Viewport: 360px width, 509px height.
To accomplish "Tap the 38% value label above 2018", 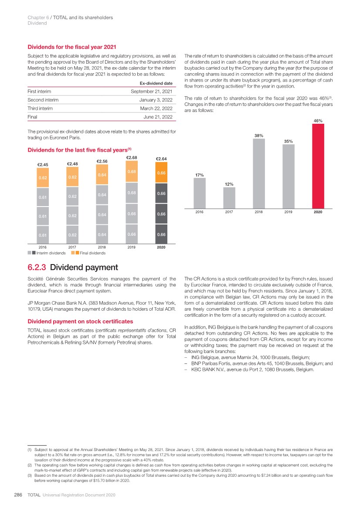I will [259, 136].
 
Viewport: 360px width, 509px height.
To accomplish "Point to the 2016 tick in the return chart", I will [200, 212].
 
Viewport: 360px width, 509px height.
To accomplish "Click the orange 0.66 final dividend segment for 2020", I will [161, 173].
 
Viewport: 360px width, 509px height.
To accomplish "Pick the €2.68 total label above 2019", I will [132, 157].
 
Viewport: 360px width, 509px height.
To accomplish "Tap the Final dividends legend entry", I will [92, 253].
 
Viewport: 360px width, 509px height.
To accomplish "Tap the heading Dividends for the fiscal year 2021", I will [72, 47].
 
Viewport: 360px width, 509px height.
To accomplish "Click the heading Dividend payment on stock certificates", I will [81, 322].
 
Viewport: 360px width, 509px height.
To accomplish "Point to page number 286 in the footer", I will [18, 495].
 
